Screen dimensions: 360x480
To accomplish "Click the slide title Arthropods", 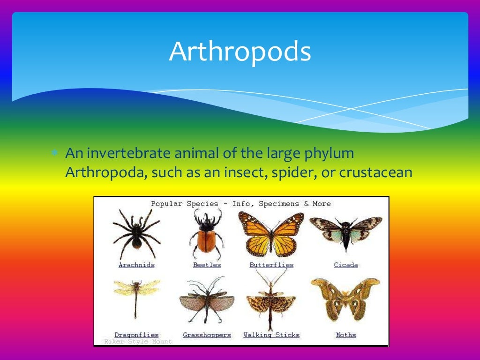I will (x=240, y=52).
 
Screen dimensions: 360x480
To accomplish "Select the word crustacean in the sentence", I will (x=375, y=172).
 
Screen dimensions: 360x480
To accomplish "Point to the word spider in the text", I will (x=293, y=172).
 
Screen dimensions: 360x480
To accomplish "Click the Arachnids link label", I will (x=136, y=265).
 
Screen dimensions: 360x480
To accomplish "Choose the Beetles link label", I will (x=207, y=265).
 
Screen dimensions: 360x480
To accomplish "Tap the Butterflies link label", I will (x=271, y=265).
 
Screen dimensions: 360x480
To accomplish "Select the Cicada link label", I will (x=346, y=265).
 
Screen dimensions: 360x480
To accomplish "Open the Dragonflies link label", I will (x=136, y=335).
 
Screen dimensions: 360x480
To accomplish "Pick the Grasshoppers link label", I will (x=207, y=335).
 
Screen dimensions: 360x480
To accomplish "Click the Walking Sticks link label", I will (x=271, y=335).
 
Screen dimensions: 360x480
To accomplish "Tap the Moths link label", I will (x=346, y=335).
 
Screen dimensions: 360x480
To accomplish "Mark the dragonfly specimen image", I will (x=136, y=295).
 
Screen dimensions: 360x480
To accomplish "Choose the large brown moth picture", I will (x=345, y=300).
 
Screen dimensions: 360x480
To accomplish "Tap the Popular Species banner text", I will (x=240, y=204).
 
